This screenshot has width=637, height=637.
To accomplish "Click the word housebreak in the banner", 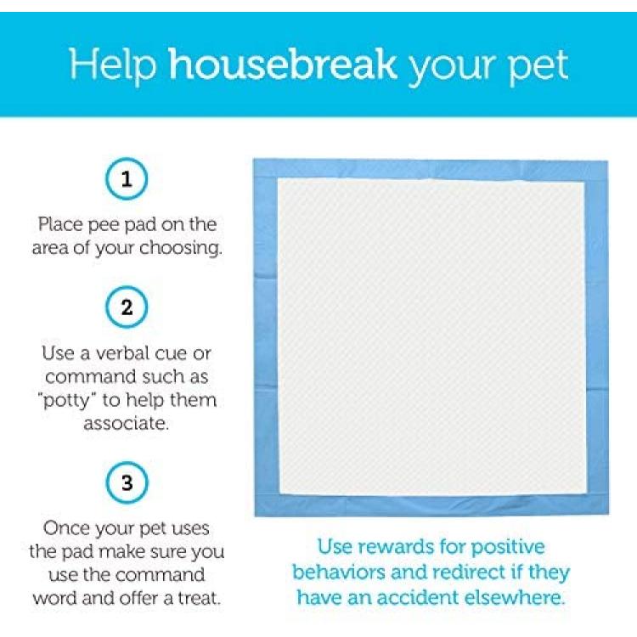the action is pyautogui.click(x=283, y=65).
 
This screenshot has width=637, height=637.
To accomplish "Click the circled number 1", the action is pyautogui.click(x=127, y=178).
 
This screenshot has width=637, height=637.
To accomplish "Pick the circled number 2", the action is pyautogui.click(x=127, y=307).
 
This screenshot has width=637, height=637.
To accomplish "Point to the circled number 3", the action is pyautogui.click(x=127, y=482).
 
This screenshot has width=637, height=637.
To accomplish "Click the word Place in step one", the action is pyautogui.click(x=60, y=224).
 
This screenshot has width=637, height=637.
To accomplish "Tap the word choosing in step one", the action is pyautogui.click(x=181, y=249).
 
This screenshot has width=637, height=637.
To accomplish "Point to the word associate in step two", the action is pyautogui.click(x=126, y=424).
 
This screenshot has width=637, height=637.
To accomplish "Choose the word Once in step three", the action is pyautogui.click(x=67, y=528).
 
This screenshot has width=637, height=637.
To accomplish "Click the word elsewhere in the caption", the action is pyautogui.click(x=515, y=598).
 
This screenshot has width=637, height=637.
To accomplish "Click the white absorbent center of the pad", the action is pyautogui.click(x=431, y=337).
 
